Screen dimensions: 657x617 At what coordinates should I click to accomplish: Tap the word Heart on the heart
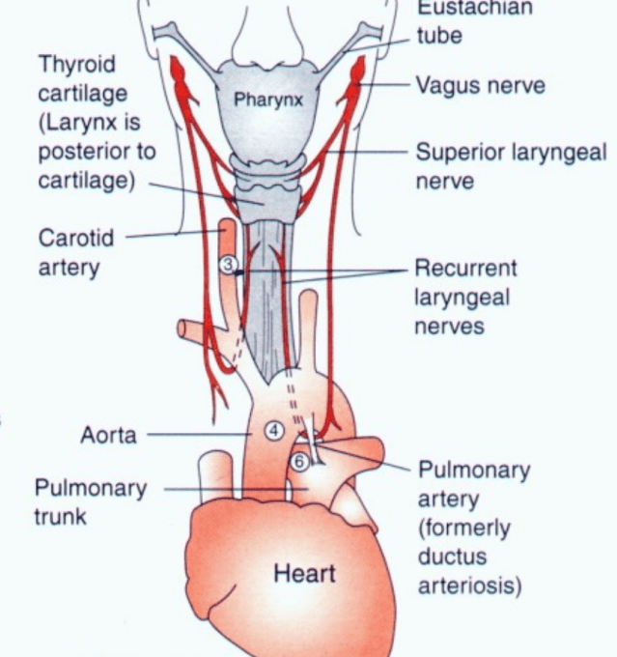pos(304,573)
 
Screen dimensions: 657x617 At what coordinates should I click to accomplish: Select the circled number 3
pos(228,266)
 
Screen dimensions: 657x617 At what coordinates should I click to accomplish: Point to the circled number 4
pos(274,431)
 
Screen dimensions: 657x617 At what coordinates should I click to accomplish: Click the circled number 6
pos(299,463)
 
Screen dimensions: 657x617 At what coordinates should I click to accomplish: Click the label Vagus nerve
pos(480,85)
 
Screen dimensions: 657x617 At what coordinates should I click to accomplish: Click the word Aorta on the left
pos(108,435)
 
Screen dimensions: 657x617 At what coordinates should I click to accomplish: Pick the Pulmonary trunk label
pos(91,501)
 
